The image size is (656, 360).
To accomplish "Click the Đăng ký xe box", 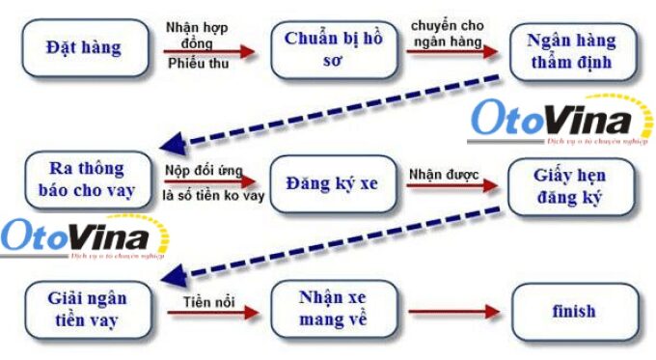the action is [x=333, y=181].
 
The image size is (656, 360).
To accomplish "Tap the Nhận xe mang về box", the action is [x=333, y=310].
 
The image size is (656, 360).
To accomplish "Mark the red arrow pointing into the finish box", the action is [x=453, y=312].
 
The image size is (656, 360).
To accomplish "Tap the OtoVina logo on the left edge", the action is [x=77, y=240].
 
